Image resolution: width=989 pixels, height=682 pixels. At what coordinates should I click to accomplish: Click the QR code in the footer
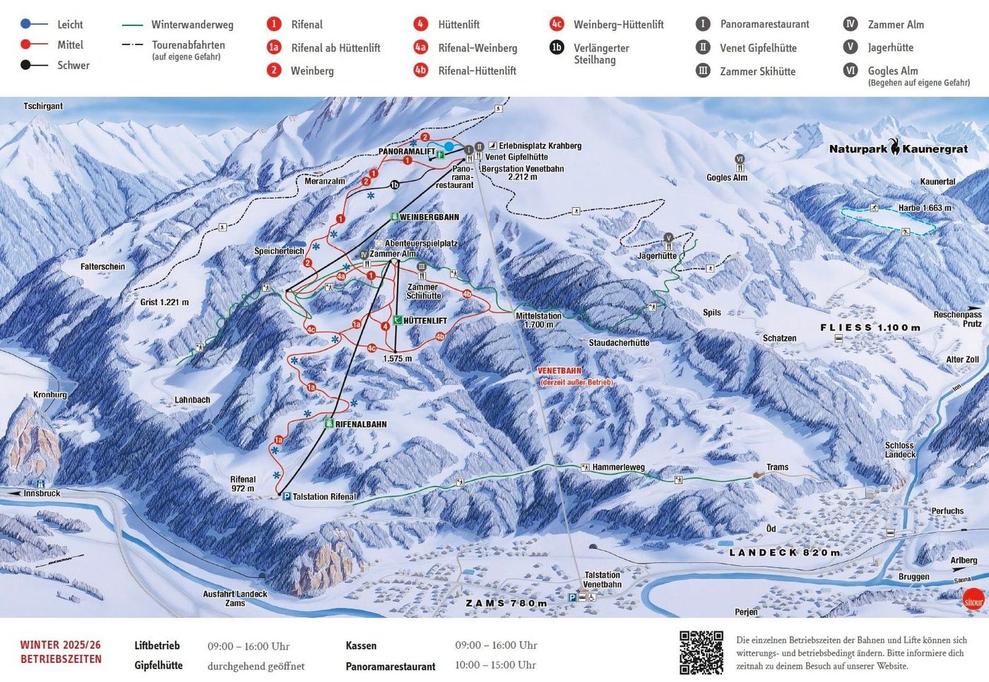[x=701, y=652]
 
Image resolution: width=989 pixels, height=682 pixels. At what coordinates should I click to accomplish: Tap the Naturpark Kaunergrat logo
[x=898, y=148]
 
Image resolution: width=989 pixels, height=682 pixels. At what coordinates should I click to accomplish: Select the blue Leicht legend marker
[x=25, y=24]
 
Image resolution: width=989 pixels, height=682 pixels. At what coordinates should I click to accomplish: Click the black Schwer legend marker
[x=25, y=65]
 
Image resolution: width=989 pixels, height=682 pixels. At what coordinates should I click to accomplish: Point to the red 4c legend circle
[x=557, y=24]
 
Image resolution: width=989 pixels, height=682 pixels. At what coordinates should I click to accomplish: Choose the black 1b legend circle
[x=557, y=47]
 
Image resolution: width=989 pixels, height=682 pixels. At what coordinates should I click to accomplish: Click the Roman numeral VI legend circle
[x=851, y=71]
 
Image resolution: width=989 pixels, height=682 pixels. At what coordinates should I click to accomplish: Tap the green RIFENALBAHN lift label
[x=360, y=424]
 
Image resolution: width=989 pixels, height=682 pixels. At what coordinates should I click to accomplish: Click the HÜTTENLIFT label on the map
[x=425, y=321]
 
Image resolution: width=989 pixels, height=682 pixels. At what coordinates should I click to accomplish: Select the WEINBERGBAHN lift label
[x=429, y=217]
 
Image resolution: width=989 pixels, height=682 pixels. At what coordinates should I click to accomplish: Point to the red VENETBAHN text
[x=559, y=371]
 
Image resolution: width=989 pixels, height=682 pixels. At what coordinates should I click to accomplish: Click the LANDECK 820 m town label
[x=784, y=553]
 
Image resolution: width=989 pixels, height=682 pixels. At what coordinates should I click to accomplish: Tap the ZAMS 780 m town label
[x=506, y=604]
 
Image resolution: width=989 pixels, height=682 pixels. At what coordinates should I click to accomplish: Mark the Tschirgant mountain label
[x=43, y=106]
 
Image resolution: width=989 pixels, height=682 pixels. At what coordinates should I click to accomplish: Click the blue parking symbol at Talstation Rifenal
[x=287, y=497]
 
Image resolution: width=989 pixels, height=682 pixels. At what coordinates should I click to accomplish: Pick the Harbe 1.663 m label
[x=924, y=208]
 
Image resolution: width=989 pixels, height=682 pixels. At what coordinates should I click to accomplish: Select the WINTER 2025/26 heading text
[x=61, y=645]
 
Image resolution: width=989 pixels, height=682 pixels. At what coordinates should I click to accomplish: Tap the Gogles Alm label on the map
[x=726, y=177]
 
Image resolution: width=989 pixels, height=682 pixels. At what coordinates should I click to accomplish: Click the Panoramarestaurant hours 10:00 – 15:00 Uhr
[x=495, y=665]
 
